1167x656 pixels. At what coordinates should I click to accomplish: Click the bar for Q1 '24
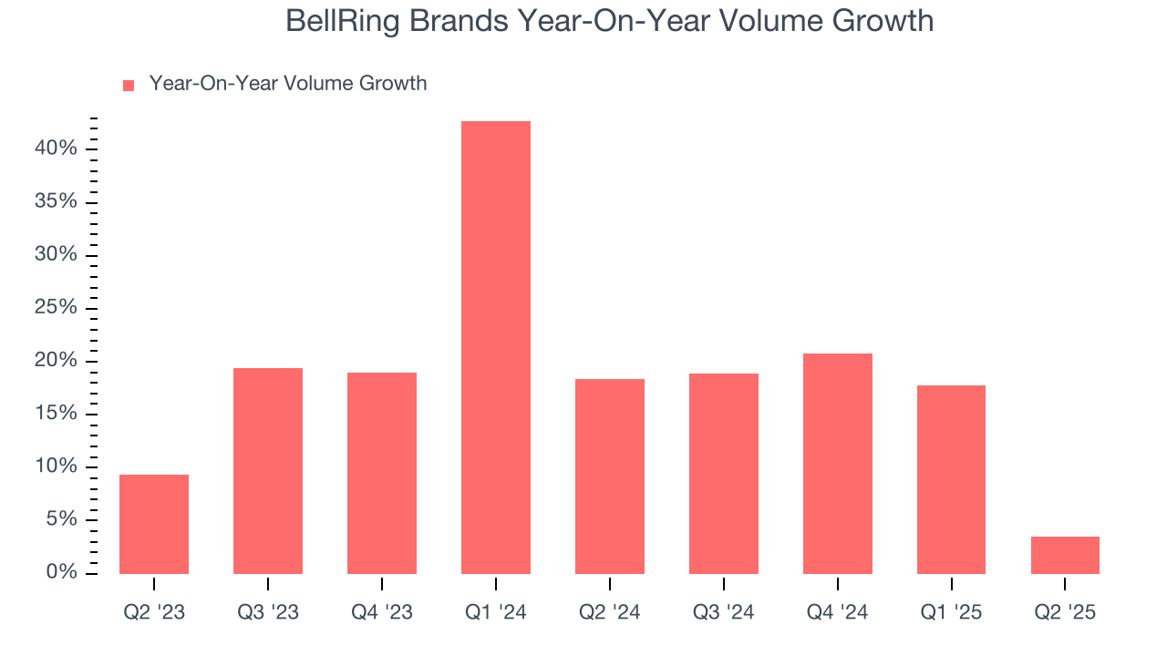[495, 347]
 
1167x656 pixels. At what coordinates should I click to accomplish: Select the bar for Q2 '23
[154, 524]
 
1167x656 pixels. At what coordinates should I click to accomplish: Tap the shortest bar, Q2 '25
[1065, 555]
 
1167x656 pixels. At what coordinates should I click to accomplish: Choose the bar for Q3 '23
[268, 470]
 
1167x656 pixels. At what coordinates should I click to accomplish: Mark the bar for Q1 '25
[951, 479]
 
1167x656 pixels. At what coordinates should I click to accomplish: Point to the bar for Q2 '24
[609, 476]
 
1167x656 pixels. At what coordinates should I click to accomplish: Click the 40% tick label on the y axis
[56, 149]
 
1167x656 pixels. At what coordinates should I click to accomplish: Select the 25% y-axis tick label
[56, 308]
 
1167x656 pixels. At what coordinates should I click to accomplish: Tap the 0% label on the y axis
[61, 572]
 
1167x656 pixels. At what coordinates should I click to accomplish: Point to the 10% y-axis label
[56, 466]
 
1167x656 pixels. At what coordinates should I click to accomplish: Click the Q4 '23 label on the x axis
[381, 612]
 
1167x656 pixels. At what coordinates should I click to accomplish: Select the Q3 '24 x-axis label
[723, 612]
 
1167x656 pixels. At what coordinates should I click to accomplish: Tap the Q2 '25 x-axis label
[1065, 612]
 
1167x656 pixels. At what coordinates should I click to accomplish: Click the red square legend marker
[129, 85]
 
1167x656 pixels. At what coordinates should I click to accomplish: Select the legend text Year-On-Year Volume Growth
[287, 84]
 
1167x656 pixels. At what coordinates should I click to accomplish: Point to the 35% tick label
[56, 201]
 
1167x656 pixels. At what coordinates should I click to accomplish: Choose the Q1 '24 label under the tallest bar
[495, 612]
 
